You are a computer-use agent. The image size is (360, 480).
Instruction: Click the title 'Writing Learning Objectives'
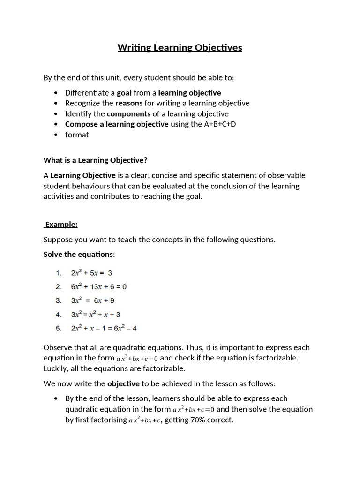click(x=180, y=48)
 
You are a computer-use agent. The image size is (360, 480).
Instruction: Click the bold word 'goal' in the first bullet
click(x=124, y=93)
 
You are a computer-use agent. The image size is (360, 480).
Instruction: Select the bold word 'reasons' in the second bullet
click(x=129, y=103)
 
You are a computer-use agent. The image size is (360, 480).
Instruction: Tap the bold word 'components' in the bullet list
click(x=129, y=113)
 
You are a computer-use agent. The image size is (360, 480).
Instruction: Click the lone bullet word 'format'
click(x=77, y=135)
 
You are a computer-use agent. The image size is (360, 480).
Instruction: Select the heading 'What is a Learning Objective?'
click(x=96, y=160)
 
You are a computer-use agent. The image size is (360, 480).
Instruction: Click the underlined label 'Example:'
click(x=61, y=225)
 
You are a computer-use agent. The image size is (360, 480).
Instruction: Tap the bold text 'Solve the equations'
click(x=78, y=254)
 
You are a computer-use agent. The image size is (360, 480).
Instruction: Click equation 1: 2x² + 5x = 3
click(x=91, y=273)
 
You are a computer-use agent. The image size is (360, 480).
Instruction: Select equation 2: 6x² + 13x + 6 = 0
click(x=99, y=286)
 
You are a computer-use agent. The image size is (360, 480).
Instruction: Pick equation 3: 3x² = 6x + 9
click(x=92, y=300)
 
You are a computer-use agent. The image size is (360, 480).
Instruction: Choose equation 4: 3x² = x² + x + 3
click(x=96, y=315)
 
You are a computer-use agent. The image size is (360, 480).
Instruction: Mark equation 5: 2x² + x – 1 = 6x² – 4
click(x=104, y=328)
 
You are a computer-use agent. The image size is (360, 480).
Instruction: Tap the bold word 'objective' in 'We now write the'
click(x=123, y=383)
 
